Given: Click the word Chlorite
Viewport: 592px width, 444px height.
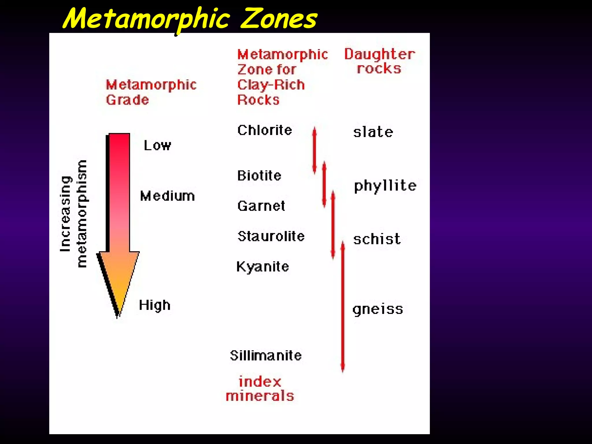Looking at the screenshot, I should (264, 130).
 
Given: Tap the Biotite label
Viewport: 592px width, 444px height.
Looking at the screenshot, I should (259, 176).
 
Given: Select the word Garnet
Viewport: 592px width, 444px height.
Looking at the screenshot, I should (261, 206).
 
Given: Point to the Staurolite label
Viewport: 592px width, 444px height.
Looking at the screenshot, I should (271, 236).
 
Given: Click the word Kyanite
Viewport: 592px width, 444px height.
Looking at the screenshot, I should (262, 267).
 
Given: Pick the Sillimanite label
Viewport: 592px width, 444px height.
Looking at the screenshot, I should (266, 356).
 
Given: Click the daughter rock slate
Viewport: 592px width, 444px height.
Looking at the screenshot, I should (373, 132).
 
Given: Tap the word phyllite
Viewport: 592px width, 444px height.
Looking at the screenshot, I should (385, 186).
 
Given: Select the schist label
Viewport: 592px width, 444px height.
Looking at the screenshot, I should (377, 239).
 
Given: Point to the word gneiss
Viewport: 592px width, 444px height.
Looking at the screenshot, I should (378, 310).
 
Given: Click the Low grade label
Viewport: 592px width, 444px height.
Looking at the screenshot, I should (158, 145).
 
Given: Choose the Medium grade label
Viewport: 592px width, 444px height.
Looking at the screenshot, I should (167, 196).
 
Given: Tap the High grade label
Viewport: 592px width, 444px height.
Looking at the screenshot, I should (155, 305).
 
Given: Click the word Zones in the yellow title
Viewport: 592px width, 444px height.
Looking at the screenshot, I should (278, 18).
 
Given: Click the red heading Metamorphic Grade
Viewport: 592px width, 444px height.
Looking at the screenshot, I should (151, 92).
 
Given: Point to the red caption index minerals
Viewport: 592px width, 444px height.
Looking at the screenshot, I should (260, 389).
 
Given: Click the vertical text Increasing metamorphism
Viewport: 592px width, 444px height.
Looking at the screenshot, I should (73, 214).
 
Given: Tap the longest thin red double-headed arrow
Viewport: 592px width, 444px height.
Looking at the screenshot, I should (343, 306).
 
